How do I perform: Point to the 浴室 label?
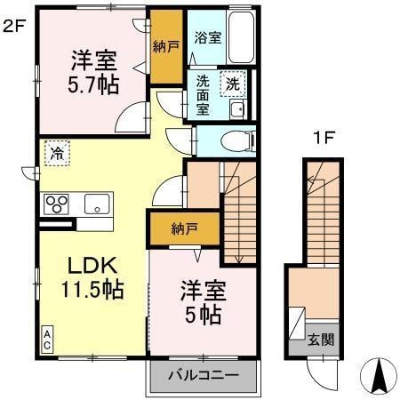pyautogui.click(x=208, y=39)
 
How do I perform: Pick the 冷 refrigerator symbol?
pyautogui.click(x=55, y=151)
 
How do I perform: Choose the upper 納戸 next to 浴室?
pyautogui.click(x=164, y=46)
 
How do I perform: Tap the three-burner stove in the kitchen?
pyautogui.click(x=56, y=204)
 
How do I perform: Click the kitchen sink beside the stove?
pyautogui.click(x=96, y=204)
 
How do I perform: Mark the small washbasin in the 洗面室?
pyautogui.click(x=236, y=109)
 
